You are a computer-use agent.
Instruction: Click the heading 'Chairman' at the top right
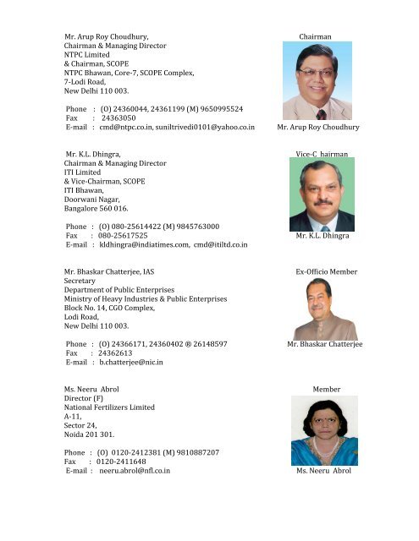tap(315, 37)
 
